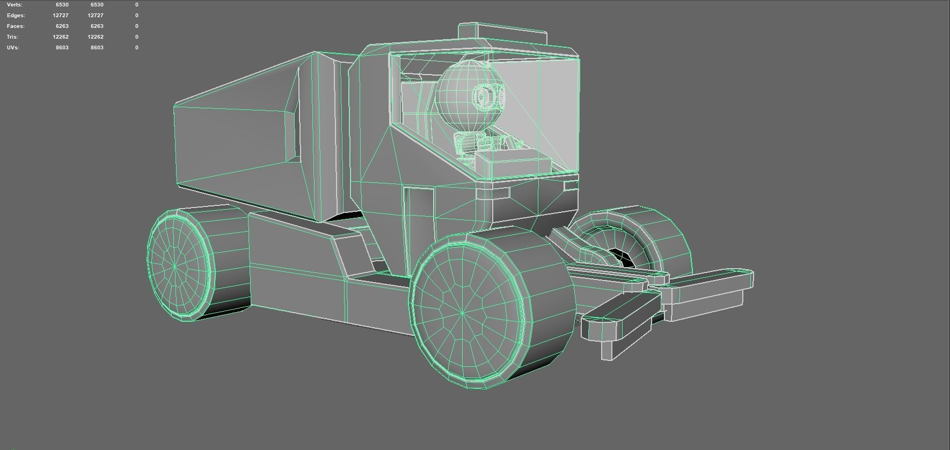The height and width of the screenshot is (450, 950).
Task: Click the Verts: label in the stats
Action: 14,4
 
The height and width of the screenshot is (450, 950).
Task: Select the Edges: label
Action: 16,15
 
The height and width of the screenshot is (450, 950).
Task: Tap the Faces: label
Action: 16,26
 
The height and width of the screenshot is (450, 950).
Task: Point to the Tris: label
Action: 12,36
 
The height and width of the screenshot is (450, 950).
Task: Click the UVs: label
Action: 13,47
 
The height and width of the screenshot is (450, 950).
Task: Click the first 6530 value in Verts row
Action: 62,4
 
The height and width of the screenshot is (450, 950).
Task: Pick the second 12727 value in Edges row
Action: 95,15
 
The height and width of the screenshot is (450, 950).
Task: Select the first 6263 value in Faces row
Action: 62,26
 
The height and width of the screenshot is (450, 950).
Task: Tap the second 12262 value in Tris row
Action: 95,36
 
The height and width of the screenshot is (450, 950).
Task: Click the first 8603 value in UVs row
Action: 62,47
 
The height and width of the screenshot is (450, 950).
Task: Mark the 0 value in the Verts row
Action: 136,4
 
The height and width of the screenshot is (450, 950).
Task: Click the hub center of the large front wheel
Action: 462,313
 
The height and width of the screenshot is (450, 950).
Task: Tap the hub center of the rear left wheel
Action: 175,265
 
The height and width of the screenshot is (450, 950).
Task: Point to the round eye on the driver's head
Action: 484,97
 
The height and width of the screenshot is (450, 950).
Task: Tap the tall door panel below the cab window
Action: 419,225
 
